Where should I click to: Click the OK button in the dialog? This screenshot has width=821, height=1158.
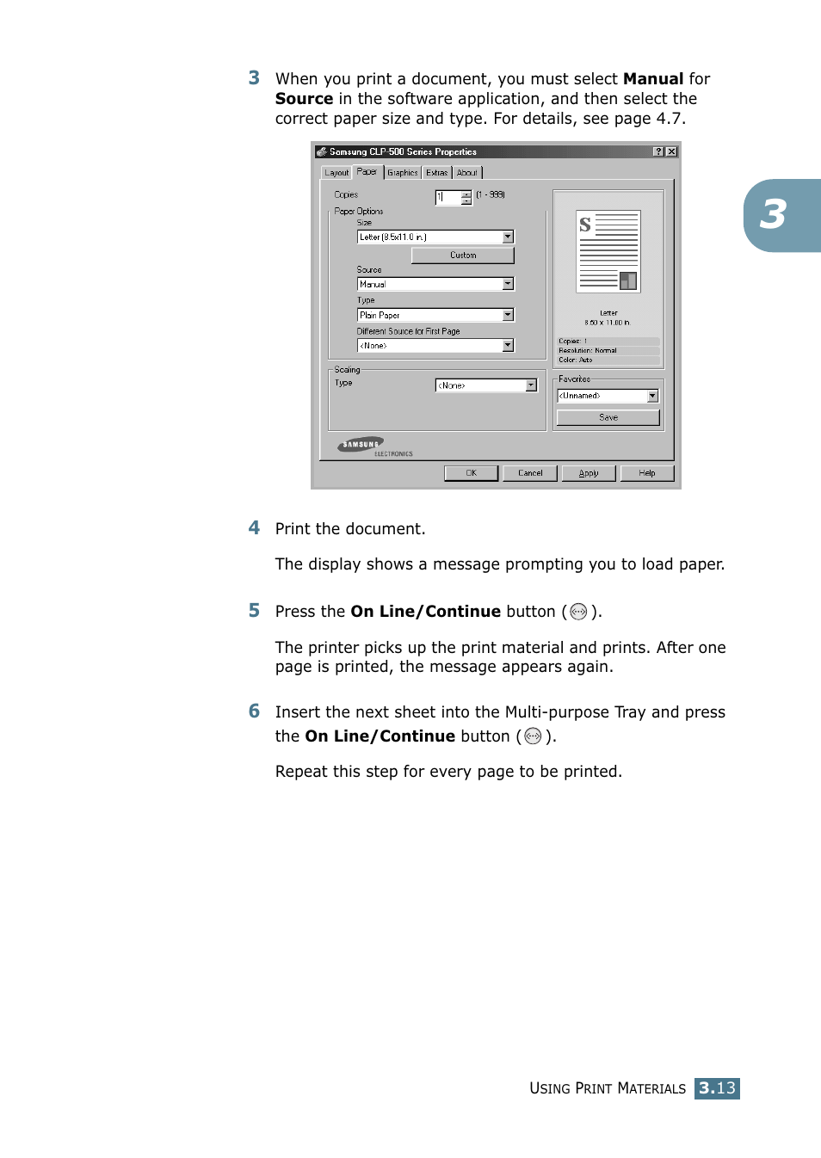click(471, 473)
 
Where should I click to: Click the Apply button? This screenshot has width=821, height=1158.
click(589, 473)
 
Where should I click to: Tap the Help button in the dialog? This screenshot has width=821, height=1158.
click(647, 473)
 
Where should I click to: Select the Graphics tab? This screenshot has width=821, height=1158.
click(402, 173)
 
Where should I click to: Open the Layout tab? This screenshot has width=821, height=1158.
click(336, 173)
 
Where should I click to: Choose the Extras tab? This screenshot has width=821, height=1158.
click(437, 173)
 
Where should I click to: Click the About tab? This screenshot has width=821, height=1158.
click(466, 173)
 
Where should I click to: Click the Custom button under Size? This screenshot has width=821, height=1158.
click(462, 256)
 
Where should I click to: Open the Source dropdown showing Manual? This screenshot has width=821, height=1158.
click(435, 284)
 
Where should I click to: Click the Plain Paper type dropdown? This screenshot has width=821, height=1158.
click(435, 315)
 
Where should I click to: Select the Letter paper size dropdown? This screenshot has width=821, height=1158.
click(435, 237)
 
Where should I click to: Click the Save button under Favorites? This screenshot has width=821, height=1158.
click(608, 417)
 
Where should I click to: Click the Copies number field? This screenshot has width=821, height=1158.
click(448, 197)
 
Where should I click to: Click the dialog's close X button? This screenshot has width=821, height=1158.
click(672, 151)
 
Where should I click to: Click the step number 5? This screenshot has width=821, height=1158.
click(254, 611)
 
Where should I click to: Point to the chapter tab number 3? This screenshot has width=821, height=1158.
click(773, 215)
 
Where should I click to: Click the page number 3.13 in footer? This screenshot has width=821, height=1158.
click(717, 1088)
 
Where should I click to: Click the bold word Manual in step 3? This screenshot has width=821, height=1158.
click(653, 79)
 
